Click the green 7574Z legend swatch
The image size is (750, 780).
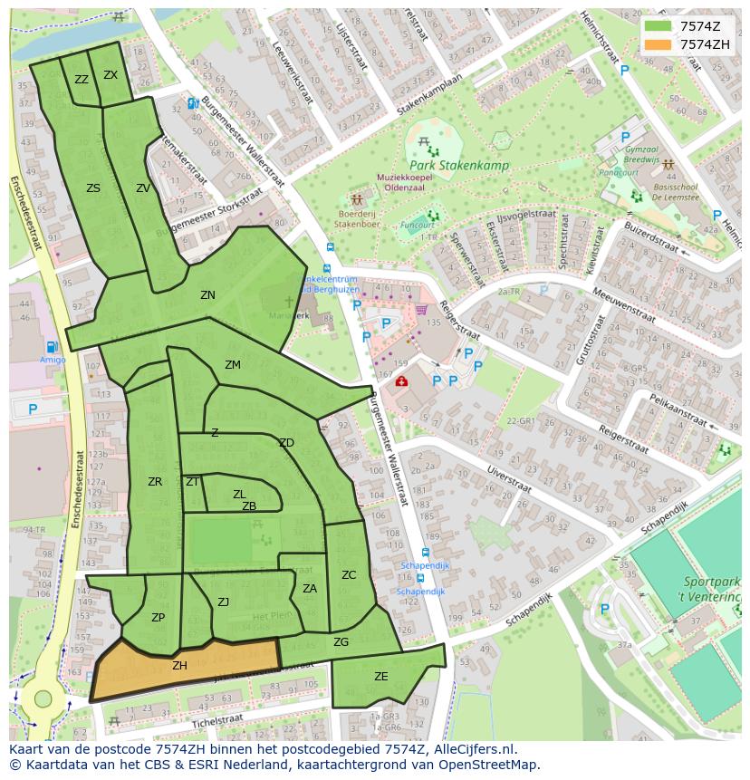pyautogui.click(x=659, y=26)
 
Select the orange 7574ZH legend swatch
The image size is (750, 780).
pyautogui.click(x=659, y=44)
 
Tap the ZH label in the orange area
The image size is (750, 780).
pyautogui.click(x=179, y=666)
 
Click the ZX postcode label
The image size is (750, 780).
pyautogui.click(x=111, y=75)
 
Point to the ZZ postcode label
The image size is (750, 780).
pyautogui.click(x=82, y=80)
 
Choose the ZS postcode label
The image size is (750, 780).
pyautogui.click(x=93, y=188)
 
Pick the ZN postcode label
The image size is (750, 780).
pyautogui.click(x=207, y=295)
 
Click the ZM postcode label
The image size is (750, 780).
pyautogui.click(x=233, y=365)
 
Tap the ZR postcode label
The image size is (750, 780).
pyautogui.click(x=155, y=482)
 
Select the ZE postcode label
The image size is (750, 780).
pyautogui.click(x=381, y=677)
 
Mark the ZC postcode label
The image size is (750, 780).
pyautogui.click(x=349, y=575)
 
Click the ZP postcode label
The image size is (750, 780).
pyautogui.click(x=158, y=618)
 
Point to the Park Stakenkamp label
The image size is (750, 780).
pyautogui.click(x=458, y=166)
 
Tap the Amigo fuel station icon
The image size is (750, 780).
pyautogui.click(x=53, y=346)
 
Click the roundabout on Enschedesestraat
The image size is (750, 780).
pyautogui.click(x=43, y=698)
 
